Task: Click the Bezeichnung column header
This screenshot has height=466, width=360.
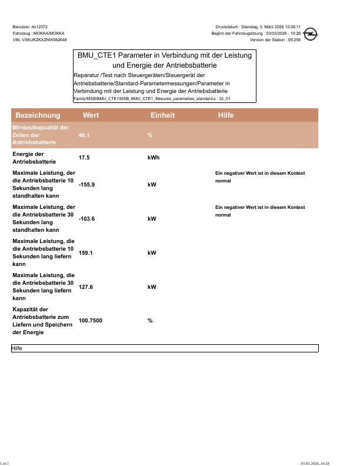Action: [38, 115]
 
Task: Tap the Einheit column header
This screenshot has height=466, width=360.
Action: [162, 115]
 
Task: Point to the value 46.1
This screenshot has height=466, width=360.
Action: [84, 135]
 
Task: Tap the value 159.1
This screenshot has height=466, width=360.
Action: [85, 253]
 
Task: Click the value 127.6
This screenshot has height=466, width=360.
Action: [85, 287]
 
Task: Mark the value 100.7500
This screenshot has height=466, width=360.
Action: [91, 321]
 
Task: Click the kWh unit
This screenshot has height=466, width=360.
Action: [153, 158]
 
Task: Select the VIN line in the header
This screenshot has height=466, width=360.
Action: [39, 39]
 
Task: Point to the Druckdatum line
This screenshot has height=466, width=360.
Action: [258, 26]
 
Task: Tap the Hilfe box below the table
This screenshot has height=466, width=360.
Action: [165, 349]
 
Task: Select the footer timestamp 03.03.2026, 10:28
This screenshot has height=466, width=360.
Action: [315, 464]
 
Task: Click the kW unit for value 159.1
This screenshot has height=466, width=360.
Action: [152, 253]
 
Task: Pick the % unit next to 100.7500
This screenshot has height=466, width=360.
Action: [150, 321]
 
